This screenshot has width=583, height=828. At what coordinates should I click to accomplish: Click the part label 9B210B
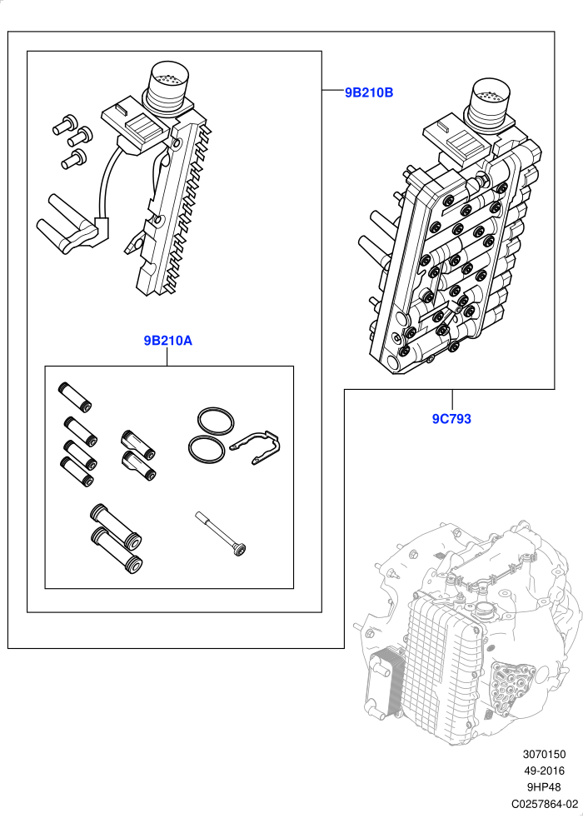tap(369, 92)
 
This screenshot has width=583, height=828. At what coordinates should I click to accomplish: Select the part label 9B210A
tap(168, 341)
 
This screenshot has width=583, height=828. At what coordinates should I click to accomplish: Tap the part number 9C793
tap(451, 419)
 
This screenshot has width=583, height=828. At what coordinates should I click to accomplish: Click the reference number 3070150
tap(544, 756)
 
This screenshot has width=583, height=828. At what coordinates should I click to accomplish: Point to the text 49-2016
tap(544, 771)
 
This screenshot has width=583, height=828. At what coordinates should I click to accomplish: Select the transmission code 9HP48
tap(544, 787)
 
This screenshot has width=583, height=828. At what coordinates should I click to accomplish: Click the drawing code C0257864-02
tap(545, 804)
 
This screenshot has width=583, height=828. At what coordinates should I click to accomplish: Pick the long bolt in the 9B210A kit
tap(221, 534)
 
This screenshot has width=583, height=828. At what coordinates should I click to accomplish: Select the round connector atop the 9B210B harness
tap(169, 87)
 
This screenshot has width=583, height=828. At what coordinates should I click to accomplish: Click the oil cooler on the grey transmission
tap(385, 681)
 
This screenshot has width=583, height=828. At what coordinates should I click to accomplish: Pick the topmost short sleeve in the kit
tap(74, 397)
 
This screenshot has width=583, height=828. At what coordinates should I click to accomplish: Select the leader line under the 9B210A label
tap(167, 357)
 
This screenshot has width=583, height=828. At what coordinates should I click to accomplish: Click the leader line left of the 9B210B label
tap(332, 91)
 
